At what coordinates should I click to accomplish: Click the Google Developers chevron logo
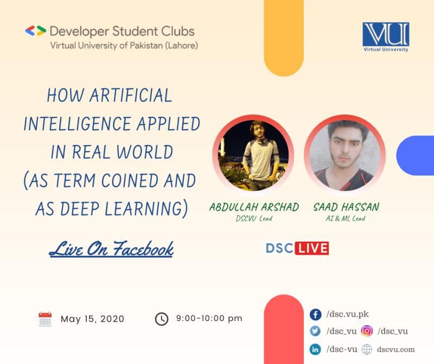pyautogui.click(x=35, y=31)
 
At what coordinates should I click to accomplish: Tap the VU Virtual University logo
pyautogui.click(x=386, y=37)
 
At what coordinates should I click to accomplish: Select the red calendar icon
pyautogui.click(x=45, y=319)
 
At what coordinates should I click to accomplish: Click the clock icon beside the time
pyautogui.click(x=162, y=319)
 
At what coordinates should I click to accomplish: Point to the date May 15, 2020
pyautogui.click(x=92, y=319)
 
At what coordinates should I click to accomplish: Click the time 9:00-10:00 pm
pyautogui.click(x=209, y=318)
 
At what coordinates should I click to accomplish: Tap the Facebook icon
pyautogui.click(x=315, y=315)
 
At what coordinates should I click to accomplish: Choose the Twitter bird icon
pyautogui.click(x=315, y=331)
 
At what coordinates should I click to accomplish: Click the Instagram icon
pyautogui.click(x=367, y=331)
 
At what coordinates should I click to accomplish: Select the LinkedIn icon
pyautogui.click(x=315, y=349)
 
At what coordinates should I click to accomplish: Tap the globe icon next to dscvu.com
pyautogui.click(x=367, y=349)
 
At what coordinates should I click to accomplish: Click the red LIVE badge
pyautogui.click(x=312, y=248)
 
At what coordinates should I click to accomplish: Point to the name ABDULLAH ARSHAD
pyautogui.click(x=254, y=207)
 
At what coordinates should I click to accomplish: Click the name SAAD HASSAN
pyautogui.click(x=346, y=207)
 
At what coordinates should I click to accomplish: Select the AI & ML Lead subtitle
pyautogui.click(x=346, y=218)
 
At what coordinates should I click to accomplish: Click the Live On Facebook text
pyautogui.click(x=111, y=249)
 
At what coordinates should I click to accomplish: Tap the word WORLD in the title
pyautogui.click(x=145, y=152)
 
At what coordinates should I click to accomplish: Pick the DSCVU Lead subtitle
pyautogui.click(x=254, y=218)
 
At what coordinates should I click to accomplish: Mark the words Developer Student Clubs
pyautogui.click(x=122, y=32)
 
